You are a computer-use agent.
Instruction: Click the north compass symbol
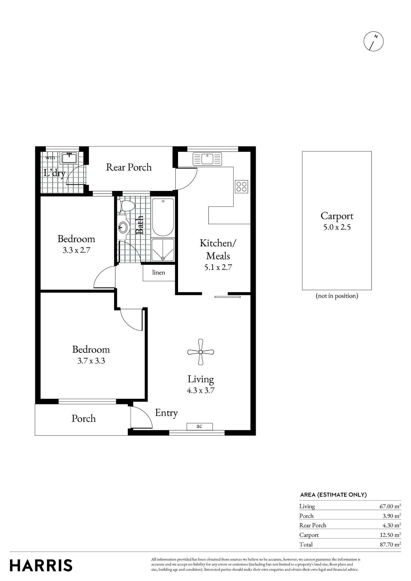(374, 42)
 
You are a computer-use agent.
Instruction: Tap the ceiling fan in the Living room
(201, 352)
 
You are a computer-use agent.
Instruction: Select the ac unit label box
(200, 426)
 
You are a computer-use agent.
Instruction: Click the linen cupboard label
(159, 272)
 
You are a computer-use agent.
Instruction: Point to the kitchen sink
(207, 159)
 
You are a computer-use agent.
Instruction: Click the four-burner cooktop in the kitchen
(242, 187)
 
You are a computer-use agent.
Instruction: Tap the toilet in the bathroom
(127, 206)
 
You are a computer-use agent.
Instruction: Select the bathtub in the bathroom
(163, 217)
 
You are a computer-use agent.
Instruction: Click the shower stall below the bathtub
(163, 250)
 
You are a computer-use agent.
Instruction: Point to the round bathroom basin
(123, 227)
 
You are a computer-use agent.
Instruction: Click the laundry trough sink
(69, 158)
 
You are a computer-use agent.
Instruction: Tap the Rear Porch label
(129, 167)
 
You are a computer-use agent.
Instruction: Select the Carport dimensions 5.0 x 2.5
(337, 227)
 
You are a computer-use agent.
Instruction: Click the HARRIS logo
(41, 565)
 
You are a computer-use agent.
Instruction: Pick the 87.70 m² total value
(390, 544)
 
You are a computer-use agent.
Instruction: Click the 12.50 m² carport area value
(390, 535)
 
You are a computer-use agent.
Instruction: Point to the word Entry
(166, 413)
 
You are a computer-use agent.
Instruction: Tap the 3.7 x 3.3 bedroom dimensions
(91, 361)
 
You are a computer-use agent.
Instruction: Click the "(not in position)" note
(337, 296)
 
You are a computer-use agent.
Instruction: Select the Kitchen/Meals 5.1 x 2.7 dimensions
(218, 267)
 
